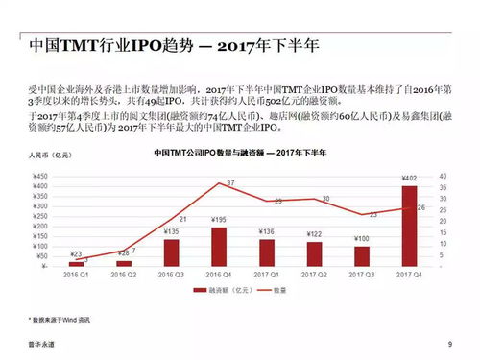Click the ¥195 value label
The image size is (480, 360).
pos(219,221)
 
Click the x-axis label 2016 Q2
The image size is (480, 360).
pos(124,275)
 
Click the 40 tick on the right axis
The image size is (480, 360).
pos(442,177)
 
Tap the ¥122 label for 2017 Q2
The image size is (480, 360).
pos(314,233)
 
